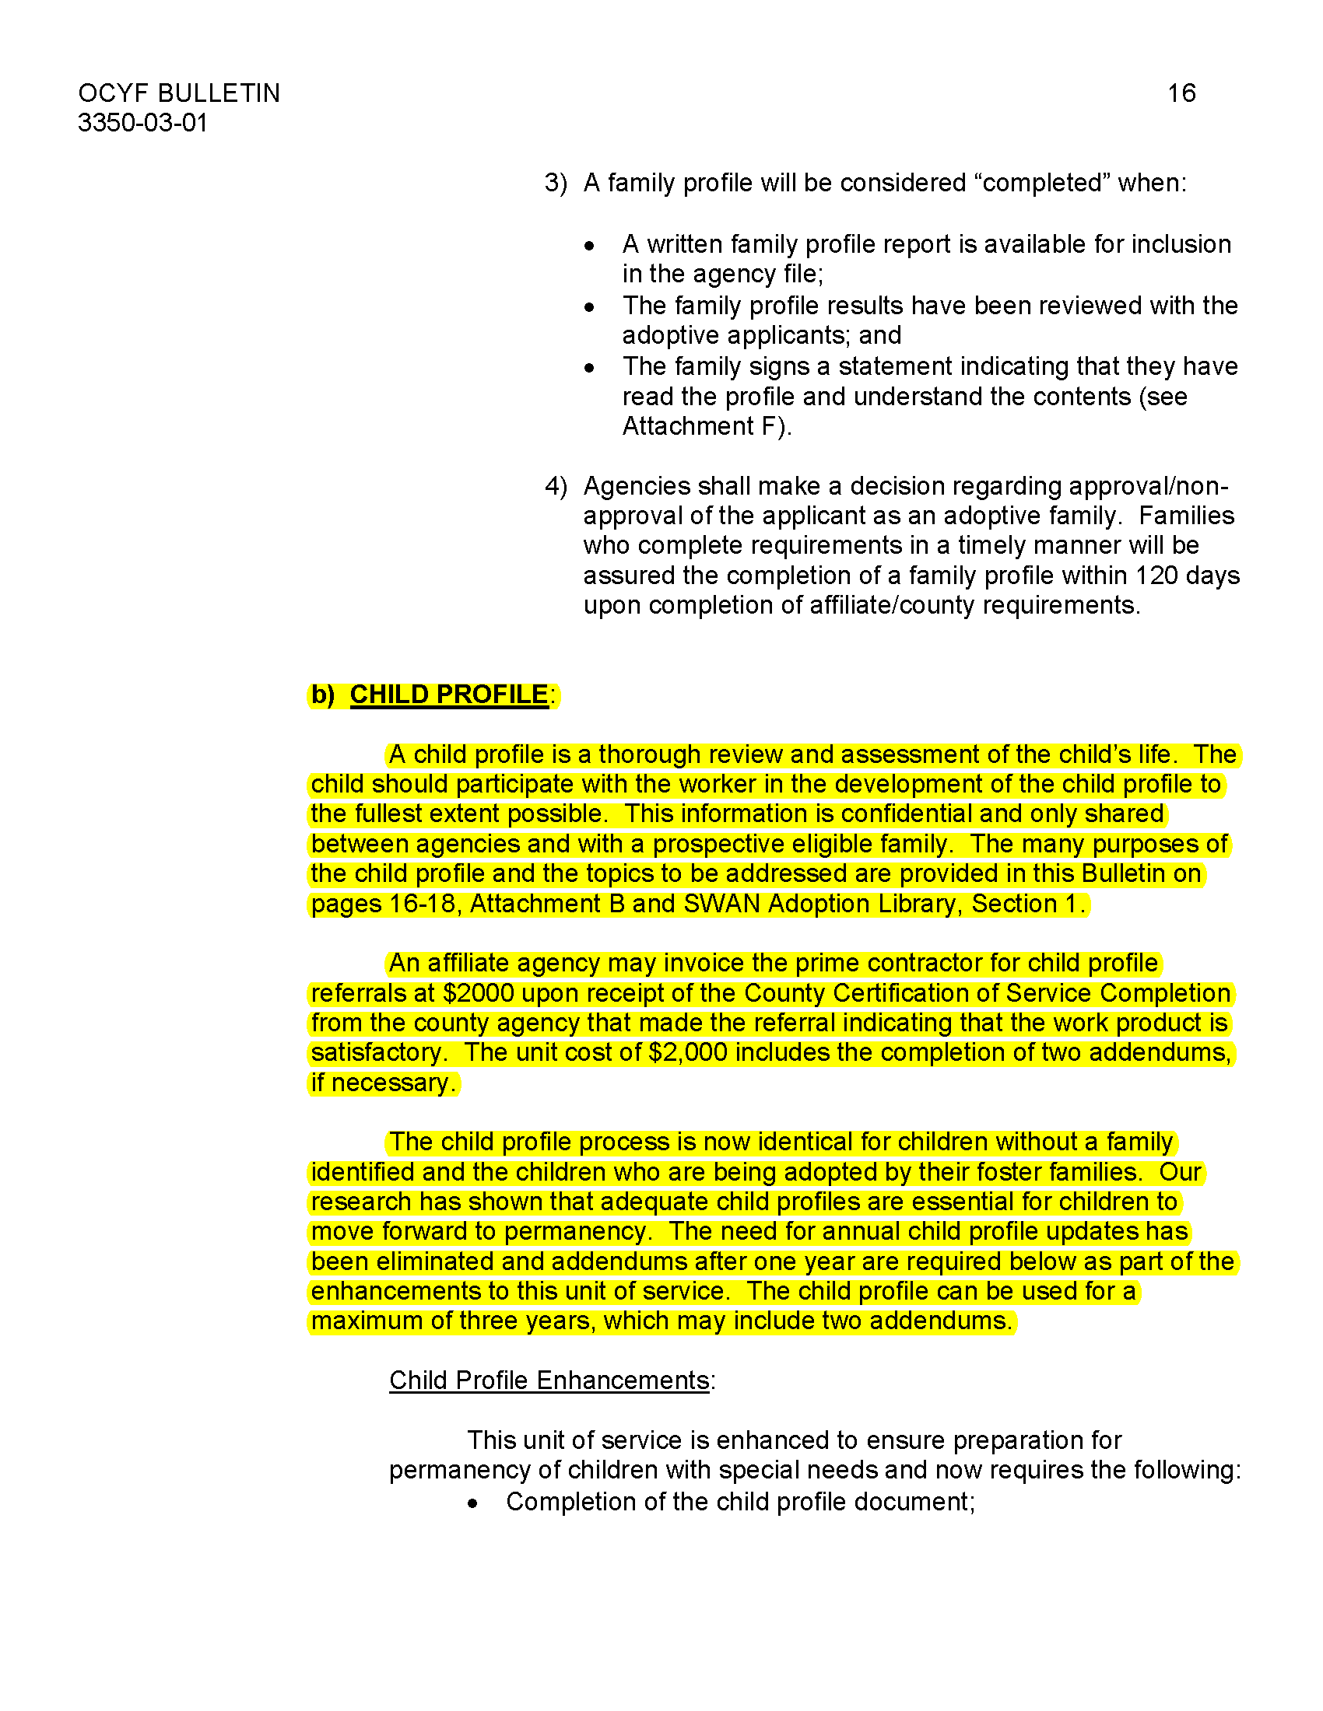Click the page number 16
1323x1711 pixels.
tap(1181, 93)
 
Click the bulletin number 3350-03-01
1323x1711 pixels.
tap(142, 123)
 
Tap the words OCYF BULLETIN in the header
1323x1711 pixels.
tap(179, 93)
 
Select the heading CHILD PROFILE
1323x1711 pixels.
tap(448, 694)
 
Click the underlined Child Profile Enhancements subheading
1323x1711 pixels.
tap(549, 1380)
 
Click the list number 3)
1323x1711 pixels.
tap(556, 183)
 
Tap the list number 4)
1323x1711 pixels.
tap(556, 486)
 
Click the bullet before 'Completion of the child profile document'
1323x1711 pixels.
tap(472, 1503)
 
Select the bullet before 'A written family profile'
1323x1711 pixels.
tap(589, 246)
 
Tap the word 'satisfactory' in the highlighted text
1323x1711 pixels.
tap(377, 1052)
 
